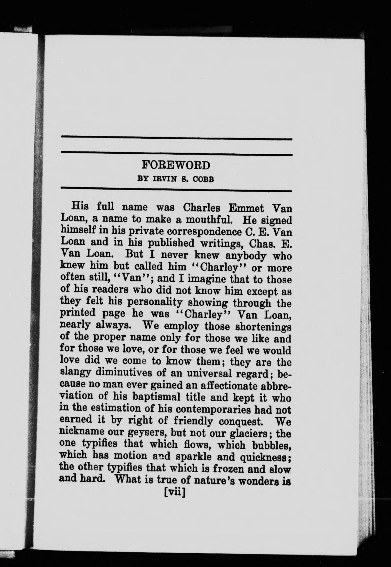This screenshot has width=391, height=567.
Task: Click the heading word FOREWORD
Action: (x=176, y=165)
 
